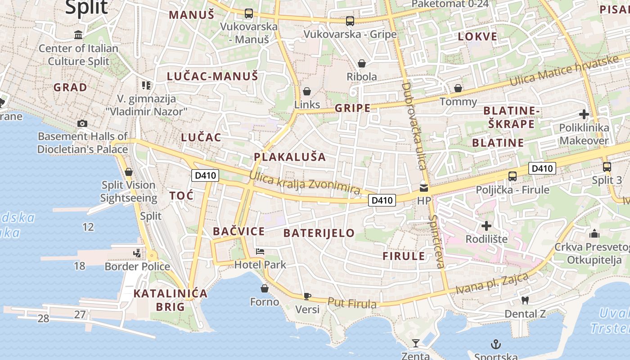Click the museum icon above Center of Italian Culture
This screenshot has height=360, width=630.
[x=79, y=35]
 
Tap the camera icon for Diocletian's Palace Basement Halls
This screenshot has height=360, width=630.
[x=82, y=123]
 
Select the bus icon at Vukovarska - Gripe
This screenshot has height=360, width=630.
[x=350, y=21]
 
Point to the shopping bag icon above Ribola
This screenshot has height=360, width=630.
[x=361, y=63]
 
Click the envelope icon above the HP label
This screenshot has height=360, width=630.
[x=424, y=187]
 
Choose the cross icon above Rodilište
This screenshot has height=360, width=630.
[x=486, y=225]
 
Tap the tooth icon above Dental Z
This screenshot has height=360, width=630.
[x=525, y=300]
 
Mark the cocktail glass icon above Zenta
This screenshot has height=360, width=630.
[x=415, y=343]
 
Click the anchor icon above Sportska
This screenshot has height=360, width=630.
[x=495, y=344]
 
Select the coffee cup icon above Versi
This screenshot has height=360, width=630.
[x=307, y=296]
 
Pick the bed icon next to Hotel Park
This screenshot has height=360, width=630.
[x=260, y=252]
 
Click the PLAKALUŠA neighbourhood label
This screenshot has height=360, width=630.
[x=290, y=157]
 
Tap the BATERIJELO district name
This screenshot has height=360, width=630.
[x=319, y=233]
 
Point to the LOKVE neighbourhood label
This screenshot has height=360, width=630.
[x=477, y=37]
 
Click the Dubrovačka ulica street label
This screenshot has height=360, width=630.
[x=413, y=126]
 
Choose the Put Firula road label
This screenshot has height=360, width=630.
[x=352, y=303]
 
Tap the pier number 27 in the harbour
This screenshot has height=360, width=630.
[x=80, y=315]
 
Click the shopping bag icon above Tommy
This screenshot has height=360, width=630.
[x=458, y=88]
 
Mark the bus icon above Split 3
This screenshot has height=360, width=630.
[x=607, y=167]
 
